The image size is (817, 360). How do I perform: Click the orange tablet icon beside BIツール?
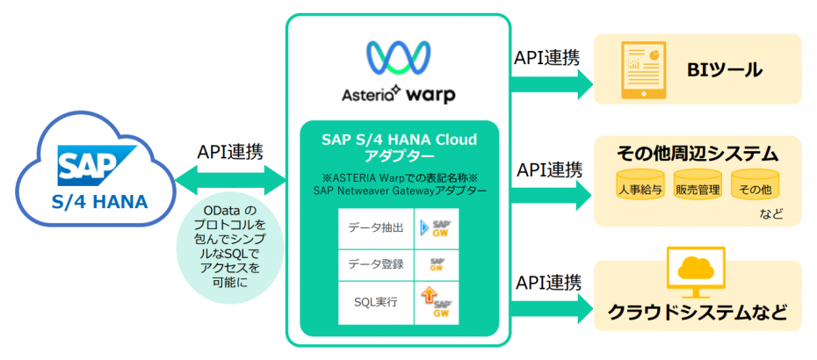coord(643,68)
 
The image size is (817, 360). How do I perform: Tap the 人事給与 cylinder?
coord(640,187)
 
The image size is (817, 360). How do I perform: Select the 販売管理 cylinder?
coord(697,187)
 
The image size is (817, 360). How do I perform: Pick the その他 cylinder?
coord(755,187)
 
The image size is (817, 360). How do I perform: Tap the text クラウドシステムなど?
coord(698,313)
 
